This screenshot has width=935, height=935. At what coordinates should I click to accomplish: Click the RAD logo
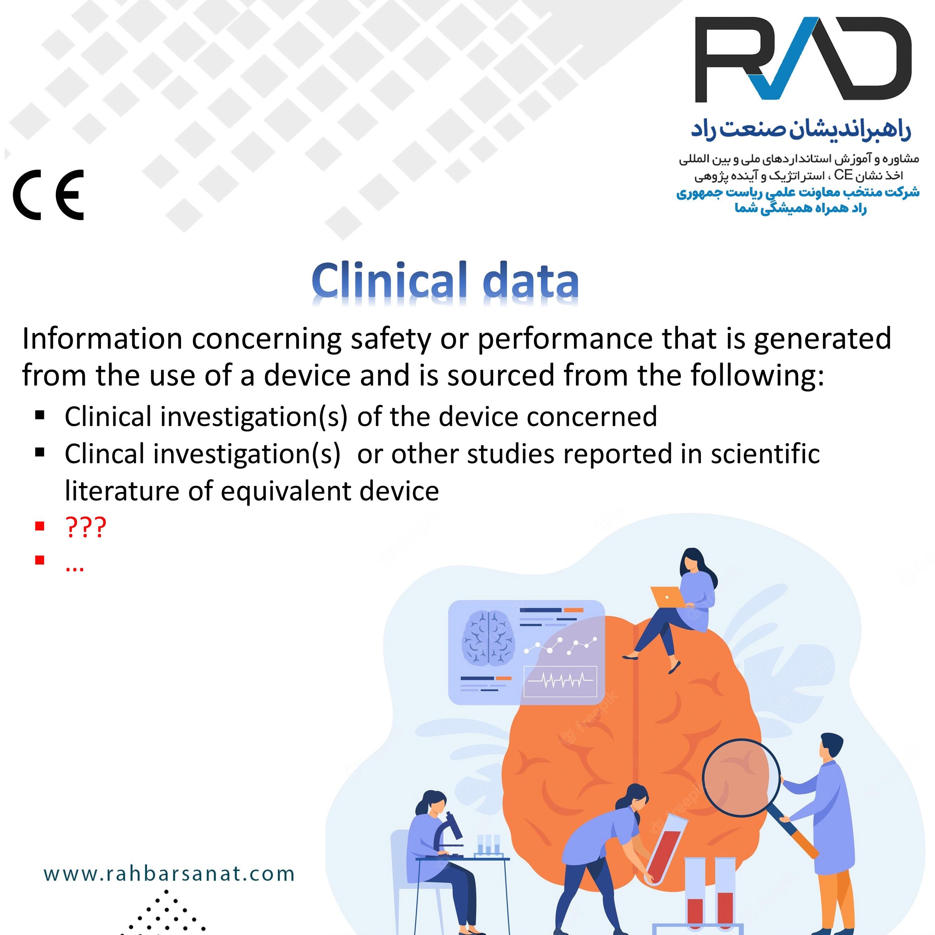[802, 59]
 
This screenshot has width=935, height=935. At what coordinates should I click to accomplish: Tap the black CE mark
[48, 195]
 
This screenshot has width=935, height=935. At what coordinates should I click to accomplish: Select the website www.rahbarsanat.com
[169, 874]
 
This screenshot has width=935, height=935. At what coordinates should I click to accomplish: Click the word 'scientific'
[765, 454]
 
